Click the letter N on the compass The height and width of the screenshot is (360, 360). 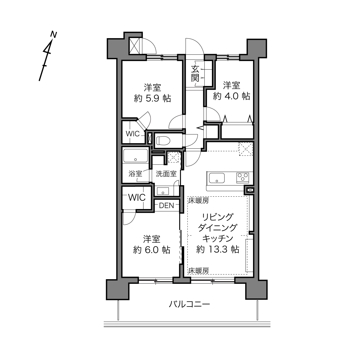pos(53,35)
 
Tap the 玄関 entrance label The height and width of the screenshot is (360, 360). pos(195,74)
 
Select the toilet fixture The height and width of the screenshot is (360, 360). pos(163,141)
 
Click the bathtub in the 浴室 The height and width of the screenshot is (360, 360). pos(135,156)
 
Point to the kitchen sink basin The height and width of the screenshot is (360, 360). pos(217,178)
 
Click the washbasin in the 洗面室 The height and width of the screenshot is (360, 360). pos(163,191)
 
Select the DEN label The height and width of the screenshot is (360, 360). pos(166,206)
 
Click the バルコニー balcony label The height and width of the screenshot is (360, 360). pos(189,304)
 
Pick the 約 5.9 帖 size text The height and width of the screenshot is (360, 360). pos(152,98)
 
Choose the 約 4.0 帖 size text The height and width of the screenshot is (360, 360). pos(231,96)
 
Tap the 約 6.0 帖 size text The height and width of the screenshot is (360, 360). pos(152,250)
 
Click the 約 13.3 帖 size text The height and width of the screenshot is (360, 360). pos(218,249)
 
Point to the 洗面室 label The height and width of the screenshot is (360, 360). pos(166,174)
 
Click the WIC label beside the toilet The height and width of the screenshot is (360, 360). pos(133,134)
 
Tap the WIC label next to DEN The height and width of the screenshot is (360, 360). pos(137,198)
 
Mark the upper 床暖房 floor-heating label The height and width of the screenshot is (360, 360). pos(198,201)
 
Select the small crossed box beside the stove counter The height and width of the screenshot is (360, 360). pos(250,190)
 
